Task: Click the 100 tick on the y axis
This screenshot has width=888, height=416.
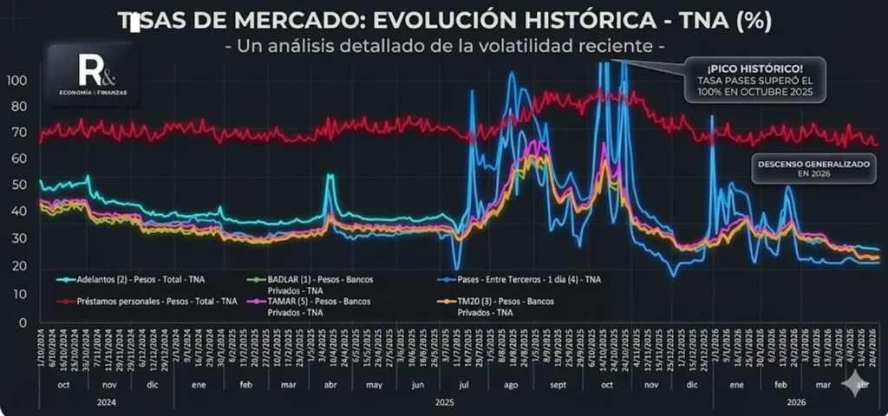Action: [20, 81]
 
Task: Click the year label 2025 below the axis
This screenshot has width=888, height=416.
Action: [443, 402]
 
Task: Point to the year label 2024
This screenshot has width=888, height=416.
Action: [105, 402]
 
